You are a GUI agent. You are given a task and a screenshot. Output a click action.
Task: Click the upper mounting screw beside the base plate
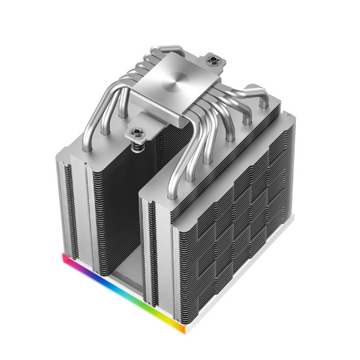click(x=213, y=60)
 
